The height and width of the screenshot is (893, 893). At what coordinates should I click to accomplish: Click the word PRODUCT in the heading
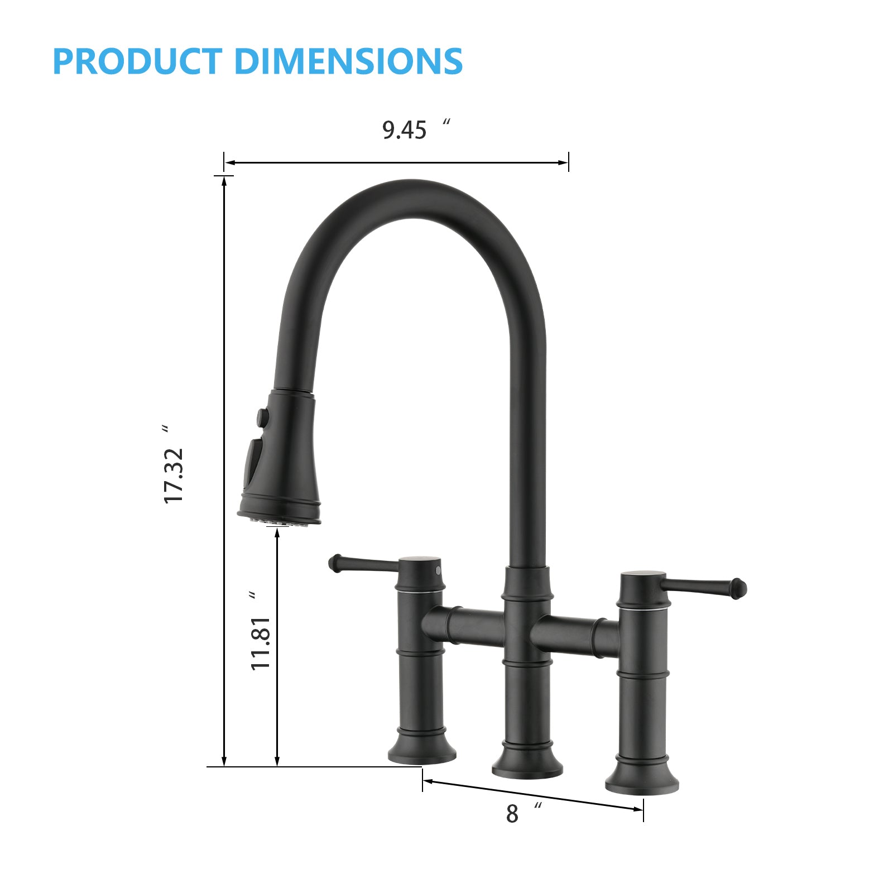point(137,61)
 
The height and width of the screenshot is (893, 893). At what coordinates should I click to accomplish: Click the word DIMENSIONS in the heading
point(349,61)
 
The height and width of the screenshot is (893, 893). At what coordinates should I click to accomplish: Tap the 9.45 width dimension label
point(405,130)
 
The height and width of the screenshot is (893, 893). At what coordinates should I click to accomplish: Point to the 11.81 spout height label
point(261,643)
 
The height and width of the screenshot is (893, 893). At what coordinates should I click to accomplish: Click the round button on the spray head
point(261,416)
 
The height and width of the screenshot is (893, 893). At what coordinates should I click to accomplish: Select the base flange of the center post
point(527,766)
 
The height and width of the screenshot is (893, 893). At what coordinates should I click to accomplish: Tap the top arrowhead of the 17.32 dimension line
point(224,181)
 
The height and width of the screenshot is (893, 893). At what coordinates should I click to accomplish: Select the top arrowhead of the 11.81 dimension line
point(277,532)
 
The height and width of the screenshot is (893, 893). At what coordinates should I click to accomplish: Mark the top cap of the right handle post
point(643,575)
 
